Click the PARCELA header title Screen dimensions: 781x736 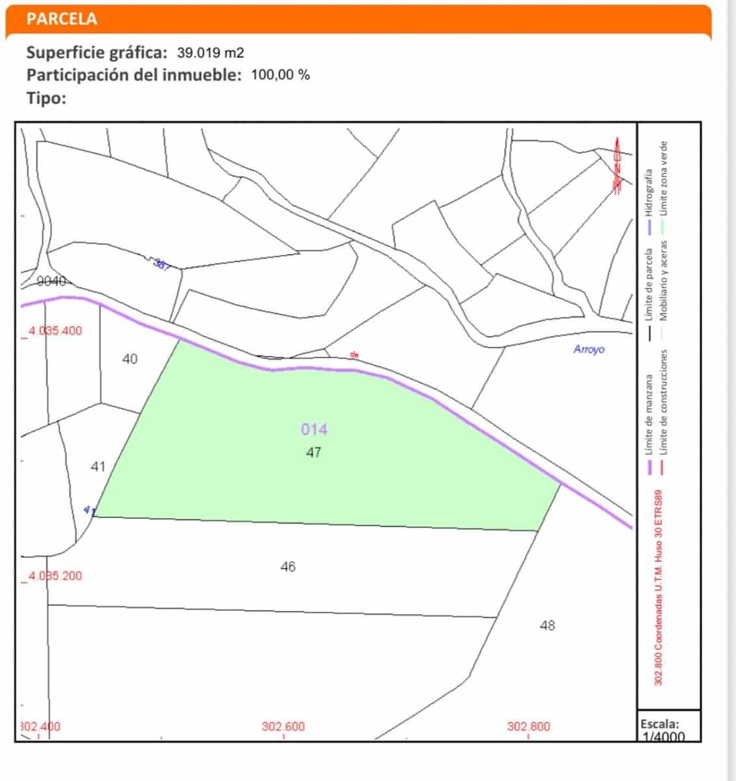(x=62, y=19)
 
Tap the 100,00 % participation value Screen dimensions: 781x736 (x=280, y=74)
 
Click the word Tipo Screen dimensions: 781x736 (x=46, y=98)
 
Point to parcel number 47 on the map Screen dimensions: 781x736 (x=313, y=452)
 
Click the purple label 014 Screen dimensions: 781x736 (x=314, y=430)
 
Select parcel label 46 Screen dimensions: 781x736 (x=288, y=567)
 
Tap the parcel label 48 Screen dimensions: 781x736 (x=547, y=625)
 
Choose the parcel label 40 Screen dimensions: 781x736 (x=130, y=359)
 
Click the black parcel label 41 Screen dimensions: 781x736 (x=98, y=467)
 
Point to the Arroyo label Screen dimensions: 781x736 (x=589, y=349)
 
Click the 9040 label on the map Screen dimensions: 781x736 (x=52, y=282)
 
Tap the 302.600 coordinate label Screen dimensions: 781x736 (x=283, y=726)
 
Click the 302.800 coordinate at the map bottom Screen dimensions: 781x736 (x=528, y=726)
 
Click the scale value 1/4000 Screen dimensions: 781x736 (x=662, y=737)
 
